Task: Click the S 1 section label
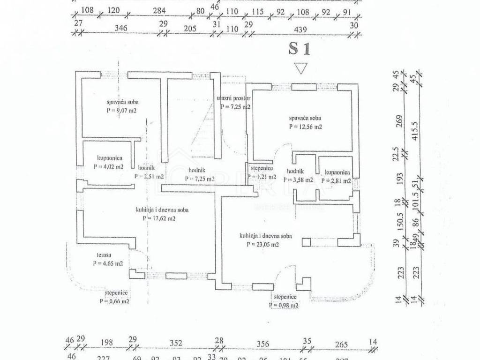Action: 300,48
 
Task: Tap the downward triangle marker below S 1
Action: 300,69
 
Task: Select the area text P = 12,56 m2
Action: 305,127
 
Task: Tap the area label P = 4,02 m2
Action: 108,166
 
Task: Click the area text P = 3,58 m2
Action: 298,180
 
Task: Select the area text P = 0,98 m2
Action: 285,305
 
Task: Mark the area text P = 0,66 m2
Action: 112,301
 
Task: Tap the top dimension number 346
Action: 121,28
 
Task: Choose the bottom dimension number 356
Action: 263,344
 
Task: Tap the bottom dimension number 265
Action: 342,345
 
